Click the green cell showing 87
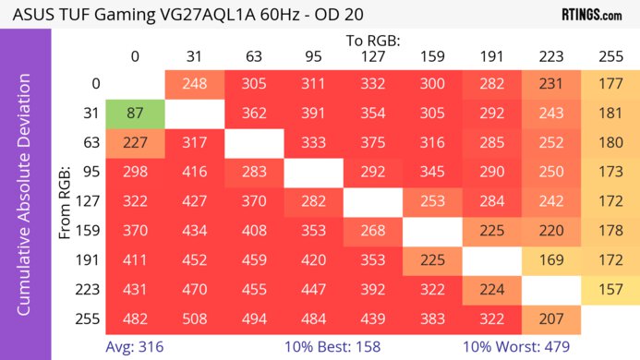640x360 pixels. [135, 114]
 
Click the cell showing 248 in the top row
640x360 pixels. [194, 83]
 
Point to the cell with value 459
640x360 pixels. [253, 258]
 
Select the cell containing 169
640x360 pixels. [550, 258]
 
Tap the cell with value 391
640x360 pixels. [313, 114]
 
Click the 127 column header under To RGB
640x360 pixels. [372, 56]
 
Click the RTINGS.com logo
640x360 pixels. [591, 15]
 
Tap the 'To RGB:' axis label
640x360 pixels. [372, 41]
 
